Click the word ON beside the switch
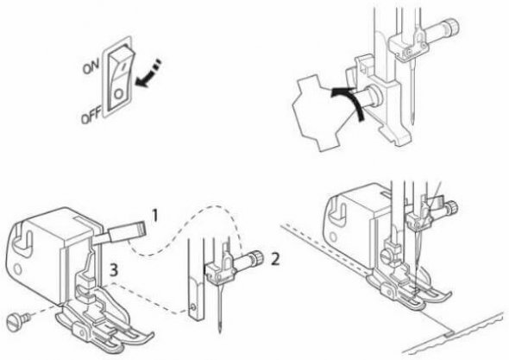click(x=91, y=67)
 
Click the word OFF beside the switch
click(x=91, y=116)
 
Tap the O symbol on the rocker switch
click(x=118, y=94)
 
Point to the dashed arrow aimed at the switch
click(x=147, y=73)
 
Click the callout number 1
click(x=154, y=216)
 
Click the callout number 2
click(x=275, y=259)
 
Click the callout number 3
click(x=113, y=269)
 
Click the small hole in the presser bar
click(x=193, y=307)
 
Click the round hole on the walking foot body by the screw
click(x=18, y=269)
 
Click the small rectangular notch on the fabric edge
click(x=449, y=333)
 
